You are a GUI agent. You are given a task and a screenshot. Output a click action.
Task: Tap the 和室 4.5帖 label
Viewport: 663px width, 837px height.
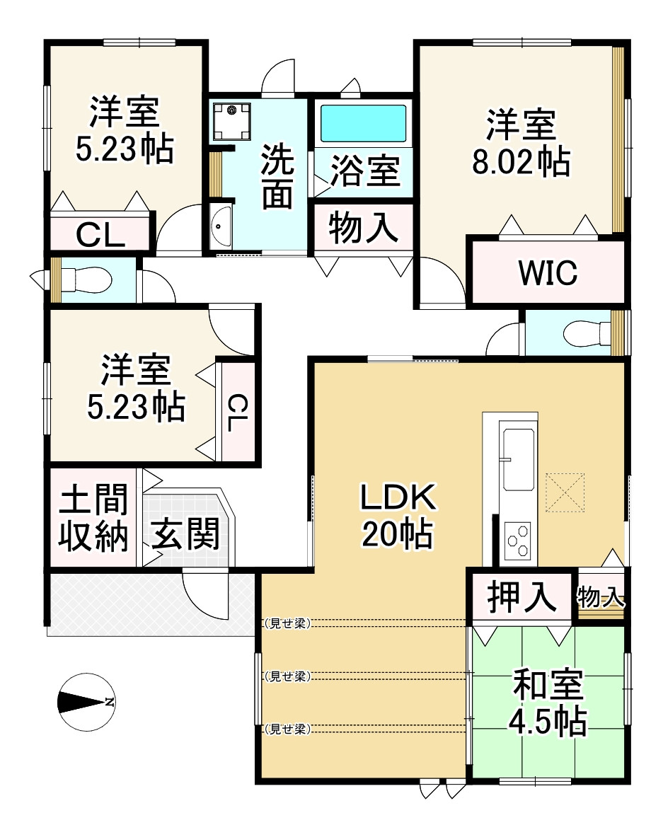[x=548, y=703]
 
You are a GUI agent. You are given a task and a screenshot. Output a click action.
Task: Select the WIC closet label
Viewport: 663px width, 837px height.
[x=548, y=272]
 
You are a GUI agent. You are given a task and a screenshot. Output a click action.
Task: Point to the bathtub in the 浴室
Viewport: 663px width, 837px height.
[x=364, y=124]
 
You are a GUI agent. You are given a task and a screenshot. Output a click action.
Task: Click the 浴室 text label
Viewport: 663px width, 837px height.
[x=365, y=172]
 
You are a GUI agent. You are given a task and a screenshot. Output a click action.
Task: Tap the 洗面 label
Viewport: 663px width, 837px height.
[x=276, y=176]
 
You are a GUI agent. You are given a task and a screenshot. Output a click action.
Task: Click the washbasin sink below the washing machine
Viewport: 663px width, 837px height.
[x=221, y=226]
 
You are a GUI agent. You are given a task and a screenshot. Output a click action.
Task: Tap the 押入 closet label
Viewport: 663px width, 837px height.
[x=521, y=596]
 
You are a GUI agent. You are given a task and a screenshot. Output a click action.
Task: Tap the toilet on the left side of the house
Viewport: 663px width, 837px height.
[x=87, y=279]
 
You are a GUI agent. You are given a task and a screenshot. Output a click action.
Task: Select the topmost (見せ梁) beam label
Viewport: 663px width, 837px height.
[x=287, y=623]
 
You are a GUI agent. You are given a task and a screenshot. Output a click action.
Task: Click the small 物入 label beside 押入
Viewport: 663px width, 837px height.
[x=601, y=597]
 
